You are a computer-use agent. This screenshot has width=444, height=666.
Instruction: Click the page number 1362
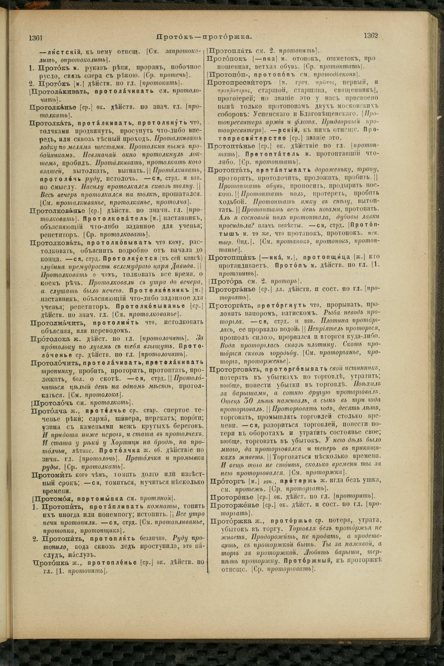[371, 36]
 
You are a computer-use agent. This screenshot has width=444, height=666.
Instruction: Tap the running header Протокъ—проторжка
[204, 37]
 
